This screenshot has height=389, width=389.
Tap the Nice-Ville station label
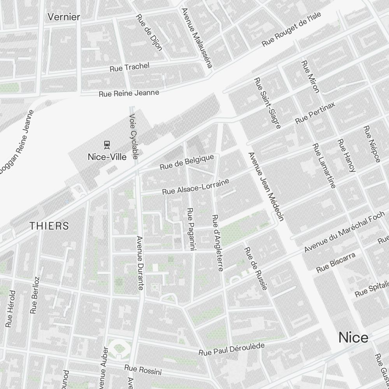click(x=107, y=157)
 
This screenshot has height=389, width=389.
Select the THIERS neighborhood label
click(x=49, y=226)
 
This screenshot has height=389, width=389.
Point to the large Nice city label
click(x=353, y=337)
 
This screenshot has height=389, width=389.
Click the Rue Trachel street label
click(x=130, y=67)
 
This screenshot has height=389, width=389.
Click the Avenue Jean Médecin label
click(x=266, y=186)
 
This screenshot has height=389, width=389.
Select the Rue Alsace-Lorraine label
click(x=196, y=187)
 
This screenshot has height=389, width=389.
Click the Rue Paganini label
click(x=191, y=230)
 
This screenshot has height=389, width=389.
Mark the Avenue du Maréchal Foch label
click(x=344, y=231)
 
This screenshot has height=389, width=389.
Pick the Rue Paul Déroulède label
click(x=231, y=349)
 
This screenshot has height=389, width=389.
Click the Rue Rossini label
click(x=143, y=370)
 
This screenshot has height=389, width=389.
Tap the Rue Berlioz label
click(x=35, y=295)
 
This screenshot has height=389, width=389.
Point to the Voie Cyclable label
click(x=133, y=136)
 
